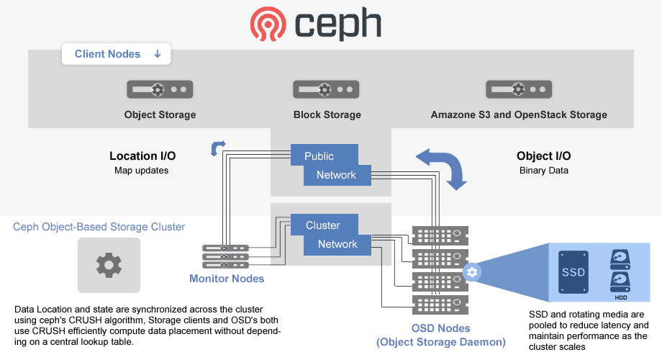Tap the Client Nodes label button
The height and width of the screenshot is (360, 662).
pos(107,54)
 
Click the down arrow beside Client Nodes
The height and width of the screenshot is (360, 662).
pos(158,54)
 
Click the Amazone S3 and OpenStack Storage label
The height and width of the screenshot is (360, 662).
pos(519,114)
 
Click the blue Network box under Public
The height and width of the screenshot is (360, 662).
pos(336,174)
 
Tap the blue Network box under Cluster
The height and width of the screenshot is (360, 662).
pos(337,244)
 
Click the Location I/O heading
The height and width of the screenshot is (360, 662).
pos(142,156)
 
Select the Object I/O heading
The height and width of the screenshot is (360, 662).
pos(544,156)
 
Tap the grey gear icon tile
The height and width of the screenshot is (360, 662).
pos(109,265)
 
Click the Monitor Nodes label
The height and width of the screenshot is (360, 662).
pos(227,279)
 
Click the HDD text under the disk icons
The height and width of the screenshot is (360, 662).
pos(620,297)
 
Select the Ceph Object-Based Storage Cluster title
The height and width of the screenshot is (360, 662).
pos(99,227)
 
